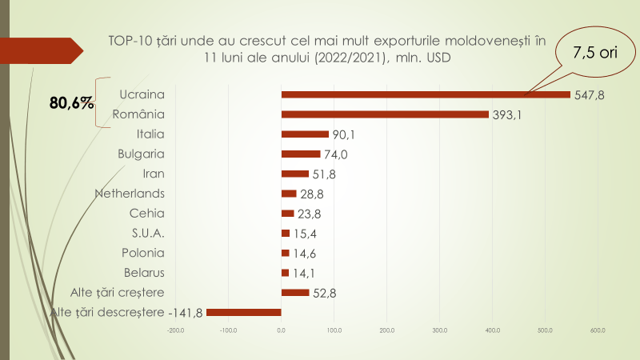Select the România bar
pos(385,114)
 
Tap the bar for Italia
pos(305,134)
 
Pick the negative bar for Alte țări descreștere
pos(244,312)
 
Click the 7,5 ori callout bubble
pos(592,52)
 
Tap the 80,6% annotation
pos(71,103)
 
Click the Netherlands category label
pos(130,193)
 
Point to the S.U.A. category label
pos(148,233)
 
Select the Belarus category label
pos(145,272)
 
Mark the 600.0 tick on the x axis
pos(598,330)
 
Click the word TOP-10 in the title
pos(132,40)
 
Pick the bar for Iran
pos(295,174)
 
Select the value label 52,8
pos(324,293)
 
